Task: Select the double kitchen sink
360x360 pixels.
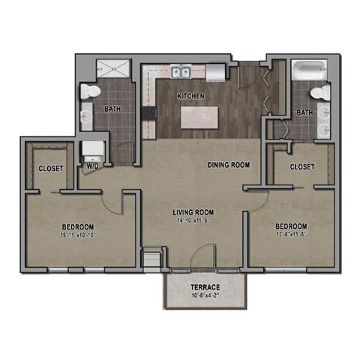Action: (179, 73)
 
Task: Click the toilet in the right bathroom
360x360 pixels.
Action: (322, 92)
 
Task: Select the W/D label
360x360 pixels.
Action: (93, 167)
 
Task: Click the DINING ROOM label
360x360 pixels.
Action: (228, 165)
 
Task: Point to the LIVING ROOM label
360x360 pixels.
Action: (193, 212)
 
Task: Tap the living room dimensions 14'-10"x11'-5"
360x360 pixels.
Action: (193, 221)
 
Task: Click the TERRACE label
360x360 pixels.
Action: (204, 288)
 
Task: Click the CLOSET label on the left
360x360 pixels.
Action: (51, 169)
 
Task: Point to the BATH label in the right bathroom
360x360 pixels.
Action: (304, 113)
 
